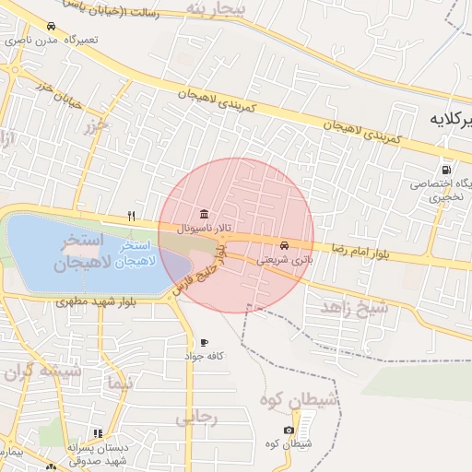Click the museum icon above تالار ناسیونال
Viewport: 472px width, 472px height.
pos(203,214)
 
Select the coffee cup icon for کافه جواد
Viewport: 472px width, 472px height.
pos(204,342)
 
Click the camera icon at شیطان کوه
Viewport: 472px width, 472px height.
pos(289,431)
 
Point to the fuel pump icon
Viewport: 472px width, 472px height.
pos(447,170)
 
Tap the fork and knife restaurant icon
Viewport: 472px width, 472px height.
pos(132,217)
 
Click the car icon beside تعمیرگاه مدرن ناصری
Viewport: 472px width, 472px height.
pos(50,27)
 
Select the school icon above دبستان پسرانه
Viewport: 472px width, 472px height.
pos(99,433)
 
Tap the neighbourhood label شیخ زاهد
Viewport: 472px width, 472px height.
pos(354,307)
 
